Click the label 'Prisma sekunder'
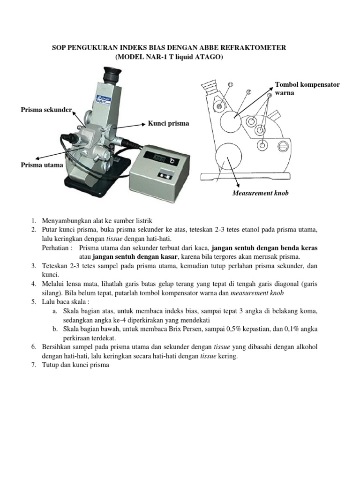(46, 110)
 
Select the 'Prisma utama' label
(41, 165)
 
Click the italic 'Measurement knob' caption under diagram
(261, 193)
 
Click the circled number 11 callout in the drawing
(230, 84)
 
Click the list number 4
(34, 284)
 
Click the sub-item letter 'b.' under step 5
(55, 329)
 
